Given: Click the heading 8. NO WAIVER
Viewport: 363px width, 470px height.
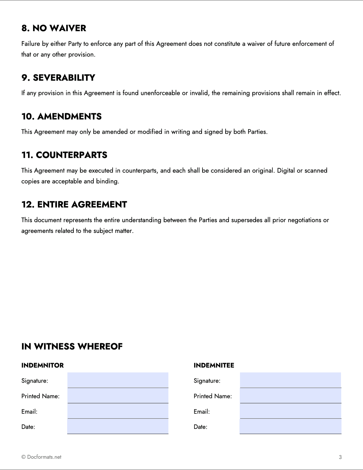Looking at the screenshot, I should pos(54,28).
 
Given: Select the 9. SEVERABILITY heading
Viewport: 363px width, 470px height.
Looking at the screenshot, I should pos(58,78).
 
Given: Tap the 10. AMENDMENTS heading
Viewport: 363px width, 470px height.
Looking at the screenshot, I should pos(61,116).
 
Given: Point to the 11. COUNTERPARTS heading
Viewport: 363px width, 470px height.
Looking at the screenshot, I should pos(64,155).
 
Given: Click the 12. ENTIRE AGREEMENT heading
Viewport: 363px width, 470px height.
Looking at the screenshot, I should pos(74,204).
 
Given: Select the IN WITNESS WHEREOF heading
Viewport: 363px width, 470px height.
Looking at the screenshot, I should pos(72,346).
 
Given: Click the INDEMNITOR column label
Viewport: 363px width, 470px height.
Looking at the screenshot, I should pos(42,365).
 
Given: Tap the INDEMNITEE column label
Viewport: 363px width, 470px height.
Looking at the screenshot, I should pos(214,365).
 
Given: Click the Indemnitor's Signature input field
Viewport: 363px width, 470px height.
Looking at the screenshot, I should pos(118,380).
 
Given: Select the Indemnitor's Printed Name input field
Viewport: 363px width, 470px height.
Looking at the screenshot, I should pos(118,396).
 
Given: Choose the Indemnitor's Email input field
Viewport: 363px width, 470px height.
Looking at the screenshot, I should pos(118,411).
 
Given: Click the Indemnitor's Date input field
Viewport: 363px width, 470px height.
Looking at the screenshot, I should pos(118,426).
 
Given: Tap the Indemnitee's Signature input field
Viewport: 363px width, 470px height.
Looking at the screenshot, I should pos(290,380).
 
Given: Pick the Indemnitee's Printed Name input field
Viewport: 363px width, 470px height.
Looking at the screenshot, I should pos(290,396).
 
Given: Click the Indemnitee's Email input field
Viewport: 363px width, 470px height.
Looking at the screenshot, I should pos(290,411).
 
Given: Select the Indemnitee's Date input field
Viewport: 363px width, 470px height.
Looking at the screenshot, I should pos(290,426).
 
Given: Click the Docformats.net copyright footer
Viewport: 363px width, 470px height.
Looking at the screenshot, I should pos(41,457).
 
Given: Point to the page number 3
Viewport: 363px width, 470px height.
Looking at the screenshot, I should pos(340,457).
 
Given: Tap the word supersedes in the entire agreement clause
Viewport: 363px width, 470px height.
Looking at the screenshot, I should pos(247,220).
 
